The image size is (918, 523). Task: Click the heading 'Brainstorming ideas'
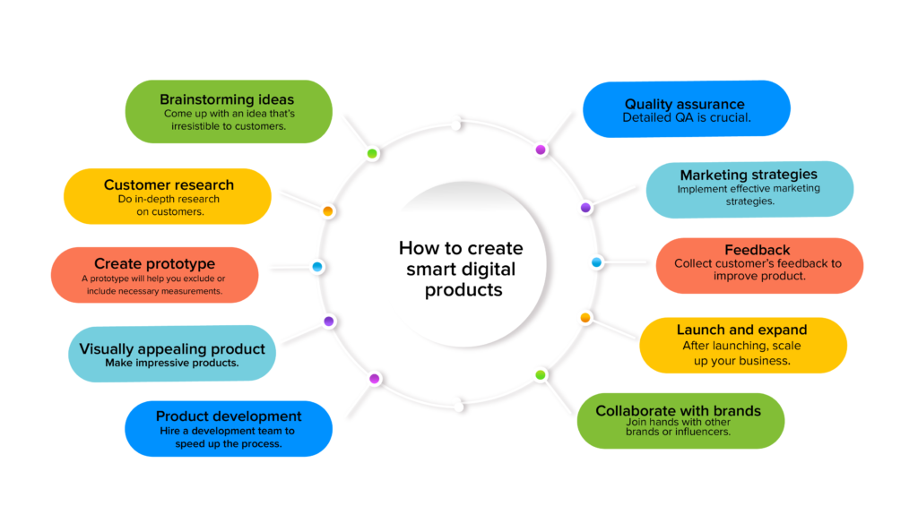tap(227, 99)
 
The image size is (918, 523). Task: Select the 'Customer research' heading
tap(169, 185)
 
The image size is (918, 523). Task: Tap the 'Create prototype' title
tap(154, 263)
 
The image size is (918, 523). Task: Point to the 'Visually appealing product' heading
tap(172, 349)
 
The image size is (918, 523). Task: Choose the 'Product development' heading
tap(229, 416)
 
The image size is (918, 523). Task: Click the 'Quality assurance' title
tap(685, 105)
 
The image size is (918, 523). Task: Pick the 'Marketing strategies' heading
tap(749, 175)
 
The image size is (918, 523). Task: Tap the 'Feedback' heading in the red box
tap(758, 250)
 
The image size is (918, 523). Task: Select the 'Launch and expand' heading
tap(741, 330)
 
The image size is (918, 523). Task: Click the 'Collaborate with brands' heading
tap(678, 411)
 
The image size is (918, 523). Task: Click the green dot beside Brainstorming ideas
tap(372, 153)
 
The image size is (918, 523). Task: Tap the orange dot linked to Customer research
tap(328, 211)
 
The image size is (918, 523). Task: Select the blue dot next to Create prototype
tap(317, 267)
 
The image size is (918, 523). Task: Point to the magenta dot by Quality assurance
tap(540, 150)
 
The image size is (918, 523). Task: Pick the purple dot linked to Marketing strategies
tap(585, 207)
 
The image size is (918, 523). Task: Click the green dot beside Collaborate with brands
tap(540, 374)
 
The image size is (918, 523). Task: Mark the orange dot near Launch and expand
tap(585, 317)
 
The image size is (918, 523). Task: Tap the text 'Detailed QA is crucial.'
tap(687, 118)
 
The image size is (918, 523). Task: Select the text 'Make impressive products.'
tap(172, 363)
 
